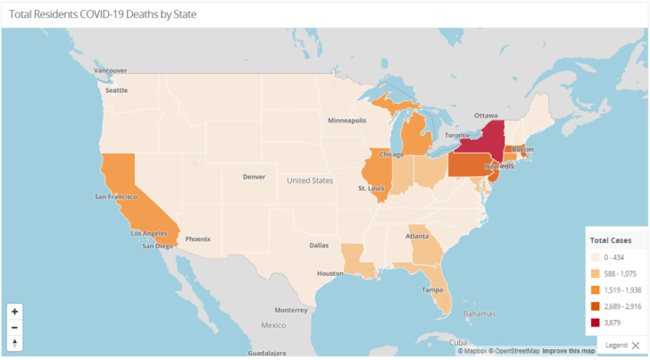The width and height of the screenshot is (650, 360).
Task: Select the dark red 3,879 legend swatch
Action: coord(595,321)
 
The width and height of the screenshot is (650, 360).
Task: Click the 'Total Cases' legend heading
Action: coord(612,240)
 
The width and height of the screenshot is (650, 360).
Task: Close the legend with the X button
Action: coord(635,345)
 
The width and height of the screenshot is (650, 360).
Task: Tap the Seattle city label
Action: coord(117,90)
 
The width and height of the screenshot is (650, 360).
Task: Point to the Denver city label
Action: coord(254,176)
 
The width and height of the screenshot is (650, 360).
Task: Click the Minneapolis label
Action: coord(346,120)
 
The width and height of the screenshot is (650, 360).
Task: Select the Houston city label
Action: coord(329,272)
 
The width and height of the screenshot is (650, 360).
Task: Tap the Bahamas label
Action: coord(479,314)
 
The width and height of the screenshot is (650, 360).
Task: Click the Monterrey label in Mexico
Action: coord(290,310)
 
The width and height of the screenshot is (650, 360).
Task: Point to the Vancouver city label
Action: coord(111,70)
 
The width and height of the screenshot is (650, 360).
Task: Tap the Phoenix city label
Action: coord(198,239)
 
